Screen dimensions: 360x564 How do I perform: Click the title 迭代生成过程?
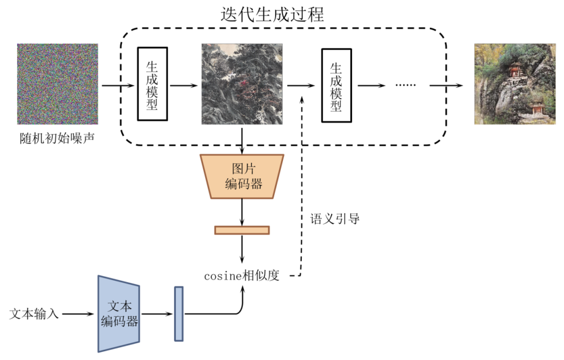point(272,14)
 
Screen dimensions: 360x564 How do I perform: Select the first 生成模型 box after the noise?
point(152,84)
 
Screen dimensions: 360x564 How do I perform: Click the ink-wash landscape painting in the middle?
point(242,84)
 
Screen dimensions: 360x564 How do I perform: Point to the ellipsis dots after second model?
point(405,85)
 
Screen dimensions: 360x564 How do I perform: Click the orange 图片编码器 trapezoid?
point(242,177)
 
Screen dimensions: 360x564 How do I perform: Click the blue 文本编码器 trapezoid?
point(119,314)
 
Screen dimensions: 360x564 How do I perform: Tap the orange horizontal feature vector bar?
point(242,230)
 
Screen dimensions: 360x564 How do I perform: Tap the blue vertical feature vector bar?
point(179,313)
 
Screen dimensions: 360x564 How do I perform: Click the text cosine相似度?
point(242,276)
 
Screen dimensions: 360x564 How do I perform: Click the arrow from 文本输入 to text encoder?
point(78,314)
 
